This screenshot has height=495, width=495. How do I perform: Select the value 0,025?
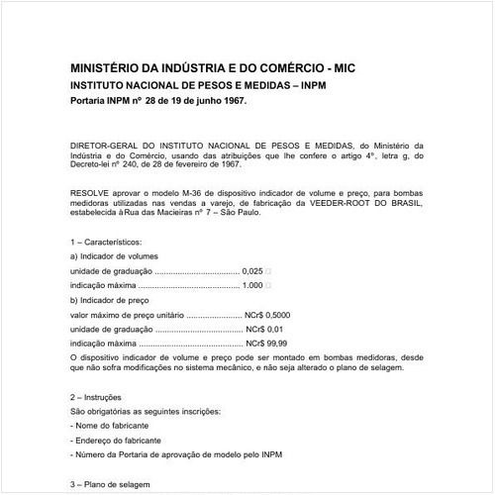tap(253, 270)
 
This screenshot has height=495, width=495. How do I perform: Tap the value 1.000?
tap(252, 285)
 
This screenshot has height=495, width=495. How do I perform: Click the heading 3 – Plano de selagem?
tap(111, 484)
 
